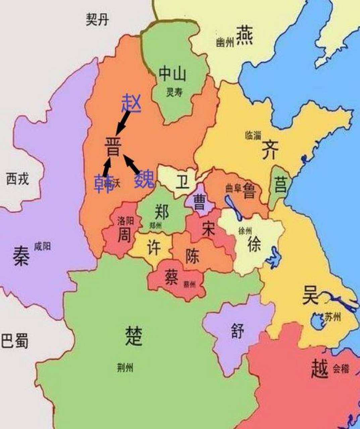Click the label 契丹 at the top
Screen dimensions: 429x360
coord(97,20)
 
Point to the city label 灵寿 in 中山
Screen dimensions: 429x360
coord(174,93)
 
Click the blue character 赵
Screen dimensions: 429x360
coord(131,103)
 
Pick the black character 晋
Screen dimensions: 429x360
coord(113,146)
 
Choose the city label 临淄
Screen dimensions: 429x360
coord(253,136)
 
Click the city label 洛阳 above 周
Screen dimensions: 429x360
coord(125,221)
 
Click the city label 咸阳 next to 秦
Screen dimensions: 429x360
coord(42,247)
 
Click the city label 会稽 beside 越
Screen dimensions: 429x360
coord(341,369)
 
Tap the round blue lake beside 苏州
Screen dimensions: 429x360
coord(316,321)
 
